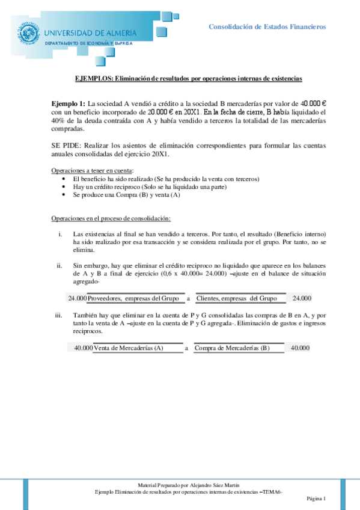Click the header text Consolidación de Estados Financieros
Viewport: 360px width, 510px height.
click(x=267, y=27)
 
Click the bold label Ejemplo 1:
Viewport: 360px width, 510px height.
click(x=69, y=104)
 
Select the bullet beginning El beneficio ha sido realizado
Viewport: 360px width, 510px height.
click(x=165, y=179)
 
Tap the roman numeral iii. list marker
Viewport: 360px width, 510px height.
click(x=58, y=315)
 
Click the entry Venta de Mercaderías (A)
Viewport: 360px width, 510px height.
click(x=128, y=348)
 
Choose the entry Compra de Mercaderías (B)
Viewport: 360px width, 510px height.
click(x=232, y=348)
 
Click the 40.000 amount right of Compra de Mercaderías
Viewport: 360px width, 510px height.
click(x=300, y=348)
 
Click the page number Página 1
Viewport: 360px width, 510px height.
click(x=316, y=499)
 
